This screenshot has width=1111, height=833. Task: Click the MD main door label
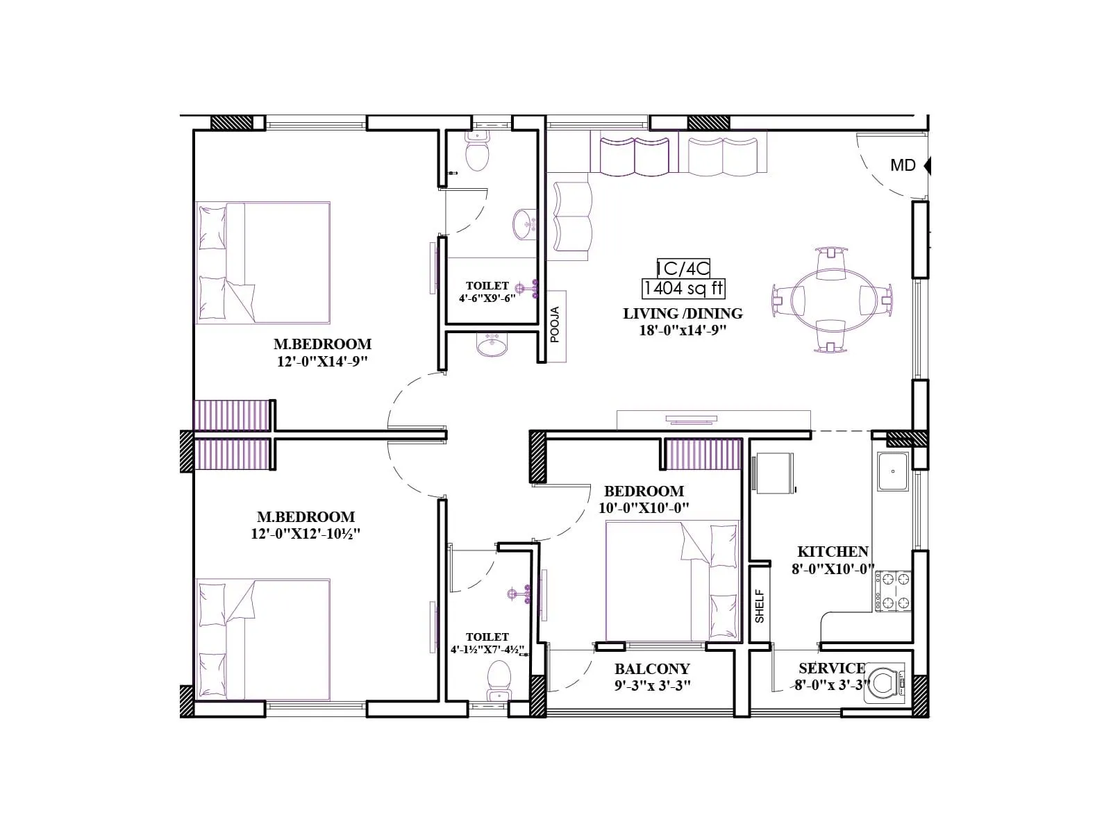[903, 165]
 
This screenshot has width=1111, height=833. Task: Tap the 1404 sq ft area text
[683, 288]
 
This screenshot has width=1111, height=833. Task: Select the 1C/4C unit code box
[683, 267]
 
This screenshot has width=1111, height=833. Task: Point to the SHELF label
[760, 605]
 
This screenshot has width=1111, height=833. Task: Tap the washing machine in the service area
[884, 683]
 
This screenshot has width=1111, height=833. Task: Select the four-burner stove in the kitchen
[893, 591]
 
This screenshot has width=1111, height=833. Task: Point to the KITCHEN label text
[833, 552]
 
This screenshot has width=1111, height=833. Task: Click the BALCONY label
[652, 669]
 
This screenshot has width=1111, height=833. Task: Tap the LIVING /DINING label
[683, 314]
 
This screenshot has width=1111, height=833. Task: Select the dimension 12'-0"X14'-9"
[322, 361]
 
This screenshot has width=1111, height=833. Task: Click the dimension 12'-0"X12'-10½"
[306, 534]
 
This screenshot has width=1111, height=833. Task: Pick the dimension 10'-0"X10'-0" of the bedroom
[644, 508]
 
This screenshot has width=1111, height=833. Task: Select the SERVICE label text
[831, 668]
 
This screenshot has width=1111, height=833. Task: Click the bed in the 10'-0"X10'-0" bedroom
[672, 581]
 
